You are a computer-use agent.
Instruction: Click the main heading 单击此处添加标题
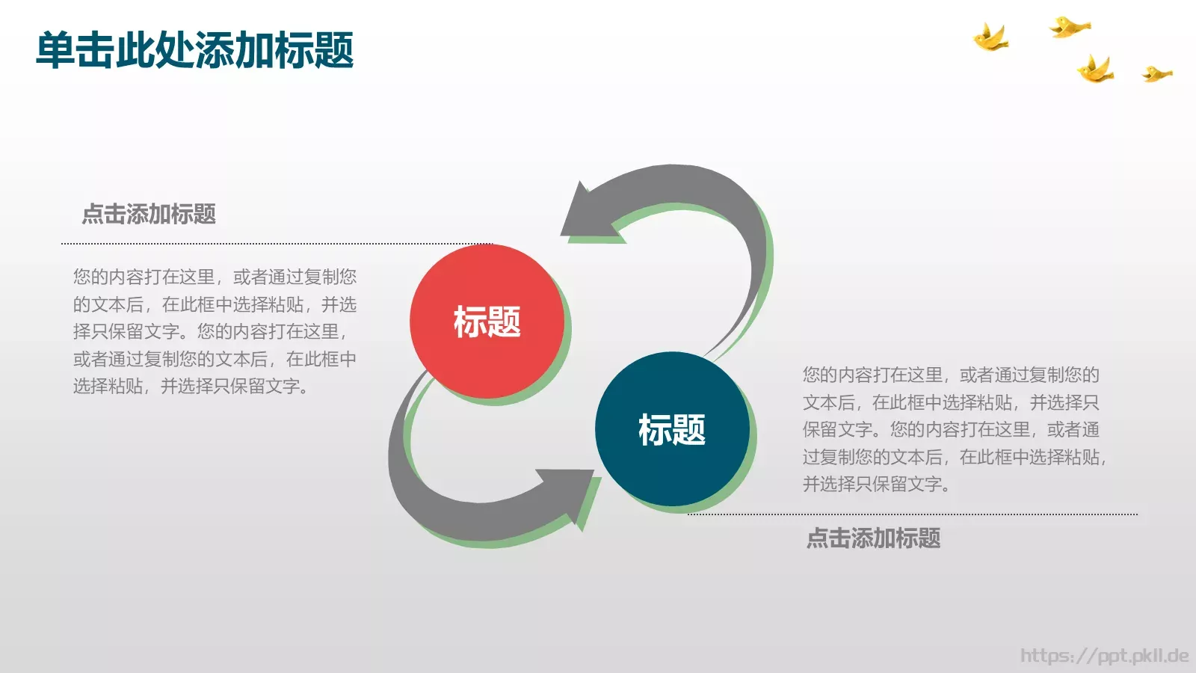click(194, 51)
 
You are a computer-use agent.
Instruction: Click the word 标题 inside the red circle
click(487, 322)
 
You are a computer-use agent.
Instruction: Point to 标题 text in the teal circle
click(672, 430)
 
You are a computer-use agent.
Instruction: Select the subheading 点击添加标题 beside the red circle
click(149, 215)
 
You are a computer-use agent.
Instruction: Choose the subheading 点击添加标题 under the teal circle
click(873, 538)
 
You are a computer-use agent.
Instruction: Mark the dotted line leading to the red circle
click(277, 244)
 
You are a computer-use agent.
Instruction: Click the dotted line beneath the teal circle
click(912, 514)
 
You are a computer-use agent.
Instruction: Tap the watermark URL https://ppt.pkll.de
click(1104, 656)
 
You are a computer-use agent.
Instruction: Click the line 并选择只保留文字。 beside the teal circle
click(877, 485)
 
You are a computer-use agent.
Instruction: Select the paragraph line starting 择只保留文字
click(210, 331)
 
